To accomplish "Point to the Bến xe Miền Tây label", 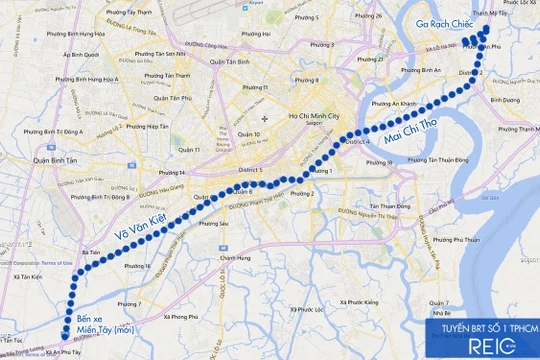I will pos(103,321).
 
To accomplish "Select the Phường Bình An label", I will pos(417,70).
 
